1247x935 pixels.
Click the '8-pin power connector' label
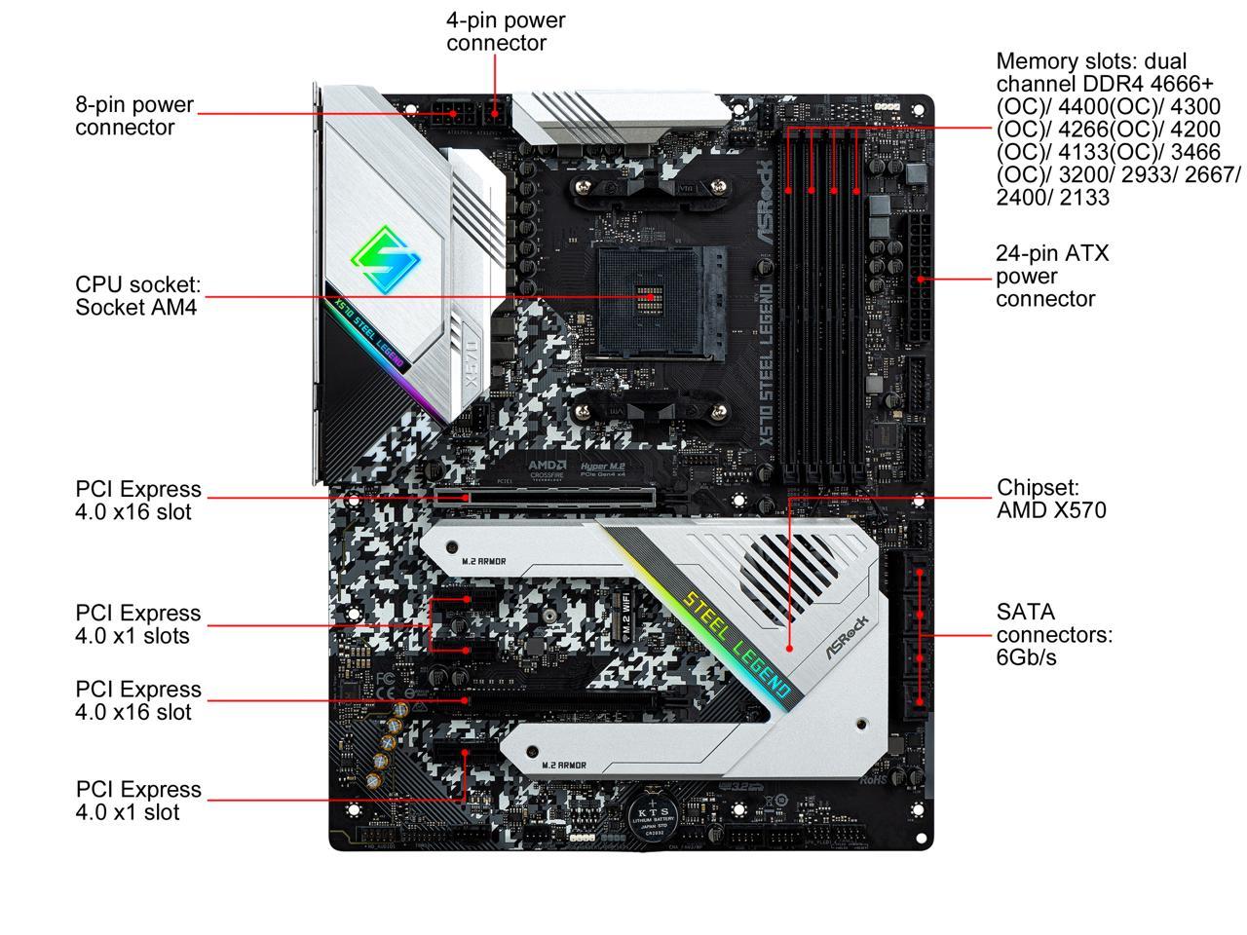tap(134, 116)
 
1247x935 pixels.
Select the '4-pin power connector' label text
tap(505, 31)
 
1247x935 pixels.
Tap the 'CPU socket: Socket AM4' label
tap(137, 296)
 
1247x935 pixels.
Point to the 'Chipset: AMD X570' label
tap(1050, 498)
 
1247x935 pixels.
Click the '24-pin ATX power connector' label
tap(1051, 276)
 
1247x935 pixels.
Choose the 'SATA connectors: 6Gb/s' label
tap(1053, 634)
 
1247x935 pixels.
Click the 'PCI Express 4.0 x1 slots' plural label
tap(137, 624)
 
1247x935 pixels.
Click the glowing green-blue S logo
tap(384, 258)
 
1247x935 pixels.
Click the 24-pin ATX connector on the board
tap(918, 280)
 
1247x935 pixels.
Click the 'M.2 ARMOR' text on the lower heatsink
tap(564, 766)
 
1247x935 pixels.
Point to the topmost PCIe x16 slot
tap(546, 497)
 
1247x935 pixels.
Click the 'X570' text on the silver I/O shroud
tap(471, 365)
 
